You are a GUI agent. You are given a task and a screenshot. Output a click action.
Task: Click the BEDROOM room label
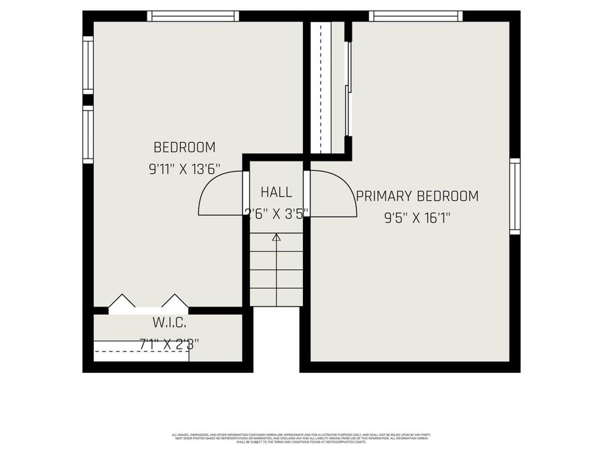coord(184,147)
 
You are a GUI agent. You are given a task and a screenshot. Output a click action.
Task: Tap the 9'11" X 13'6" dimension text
coord(184,169)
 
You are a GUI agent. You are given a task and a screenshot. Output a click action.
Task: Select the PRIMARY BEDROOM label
coord(417,196)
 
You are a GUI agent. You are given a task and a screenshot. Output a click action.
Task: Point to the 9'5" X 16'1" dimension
coord(417,218)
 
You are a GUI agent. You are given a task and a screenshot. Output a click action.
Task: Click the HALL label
coord(276,193)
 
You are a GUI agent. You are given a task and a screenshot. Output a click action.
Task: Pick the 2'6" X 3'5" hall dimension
coord(276,213)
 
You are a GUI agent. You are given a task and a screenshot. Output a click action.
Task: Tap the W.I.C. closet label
coord(169,323)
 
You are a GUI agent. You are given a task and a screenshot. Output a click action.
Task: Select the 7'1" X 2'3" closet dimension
coord(169,344)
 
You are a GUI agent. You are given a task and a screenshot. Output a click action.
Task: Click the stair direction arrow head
coord(276,236)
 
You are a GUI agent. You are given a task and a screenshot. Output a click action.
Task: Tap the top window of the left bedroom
coord(193,16)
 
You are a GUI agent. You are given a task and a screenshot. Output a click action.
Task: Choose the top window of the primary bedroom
coord(415,16)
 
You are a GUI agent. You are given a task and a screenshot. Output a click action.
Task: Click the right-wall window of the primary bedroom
coord(515,196)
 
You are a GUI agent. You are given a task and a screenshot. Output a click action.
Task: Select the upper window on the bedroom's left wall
coord(88,64)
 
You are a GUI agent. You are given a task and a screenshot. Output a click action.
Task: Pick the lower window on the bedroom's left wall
coord(88,135)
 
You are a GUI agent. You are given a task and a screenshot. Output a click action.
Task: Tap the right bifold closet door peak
coord(174,301)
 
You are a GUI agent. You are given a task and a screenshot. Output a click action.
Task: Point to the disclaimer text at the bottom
coord(301,439)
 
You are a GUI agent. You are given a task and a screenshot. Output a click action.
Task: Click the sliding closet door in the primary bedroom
coord(348,87)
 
